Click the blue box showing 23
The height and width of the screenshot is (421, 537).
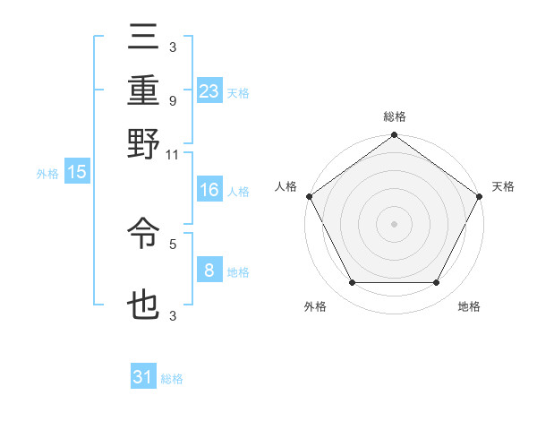(x=209, y=92)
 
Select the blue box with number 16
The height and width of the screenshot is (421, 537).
(x=209, y=190)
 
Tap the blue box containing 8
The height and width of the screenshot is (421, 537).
(x=209, y=271)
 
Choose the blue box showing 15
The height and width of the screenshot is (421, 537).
(x=76, y=173)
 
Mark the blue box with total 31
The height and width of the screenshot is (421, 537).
(x=143, y=377)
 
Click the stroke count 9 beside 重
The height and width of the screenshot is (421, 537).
(x=172, y=101)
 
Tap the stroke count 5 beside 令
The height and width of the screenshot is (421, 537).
(x=172, y=242)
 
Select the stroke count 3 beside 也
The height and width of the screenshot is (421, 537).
(x=172, y=314)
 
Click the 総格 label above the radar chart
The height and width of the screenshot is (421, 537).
(x=394, y=116)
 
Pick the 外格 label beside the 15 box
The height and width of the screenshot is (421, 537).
(x=47, y=174)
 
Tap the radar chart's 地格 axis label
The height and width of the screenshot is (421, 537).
(x=469, y=307)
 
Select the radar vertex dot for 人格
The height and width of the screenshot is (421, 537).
(x=309, y=196)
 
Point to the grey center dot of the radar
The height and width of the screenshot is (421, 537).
(x=394, y=224)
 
